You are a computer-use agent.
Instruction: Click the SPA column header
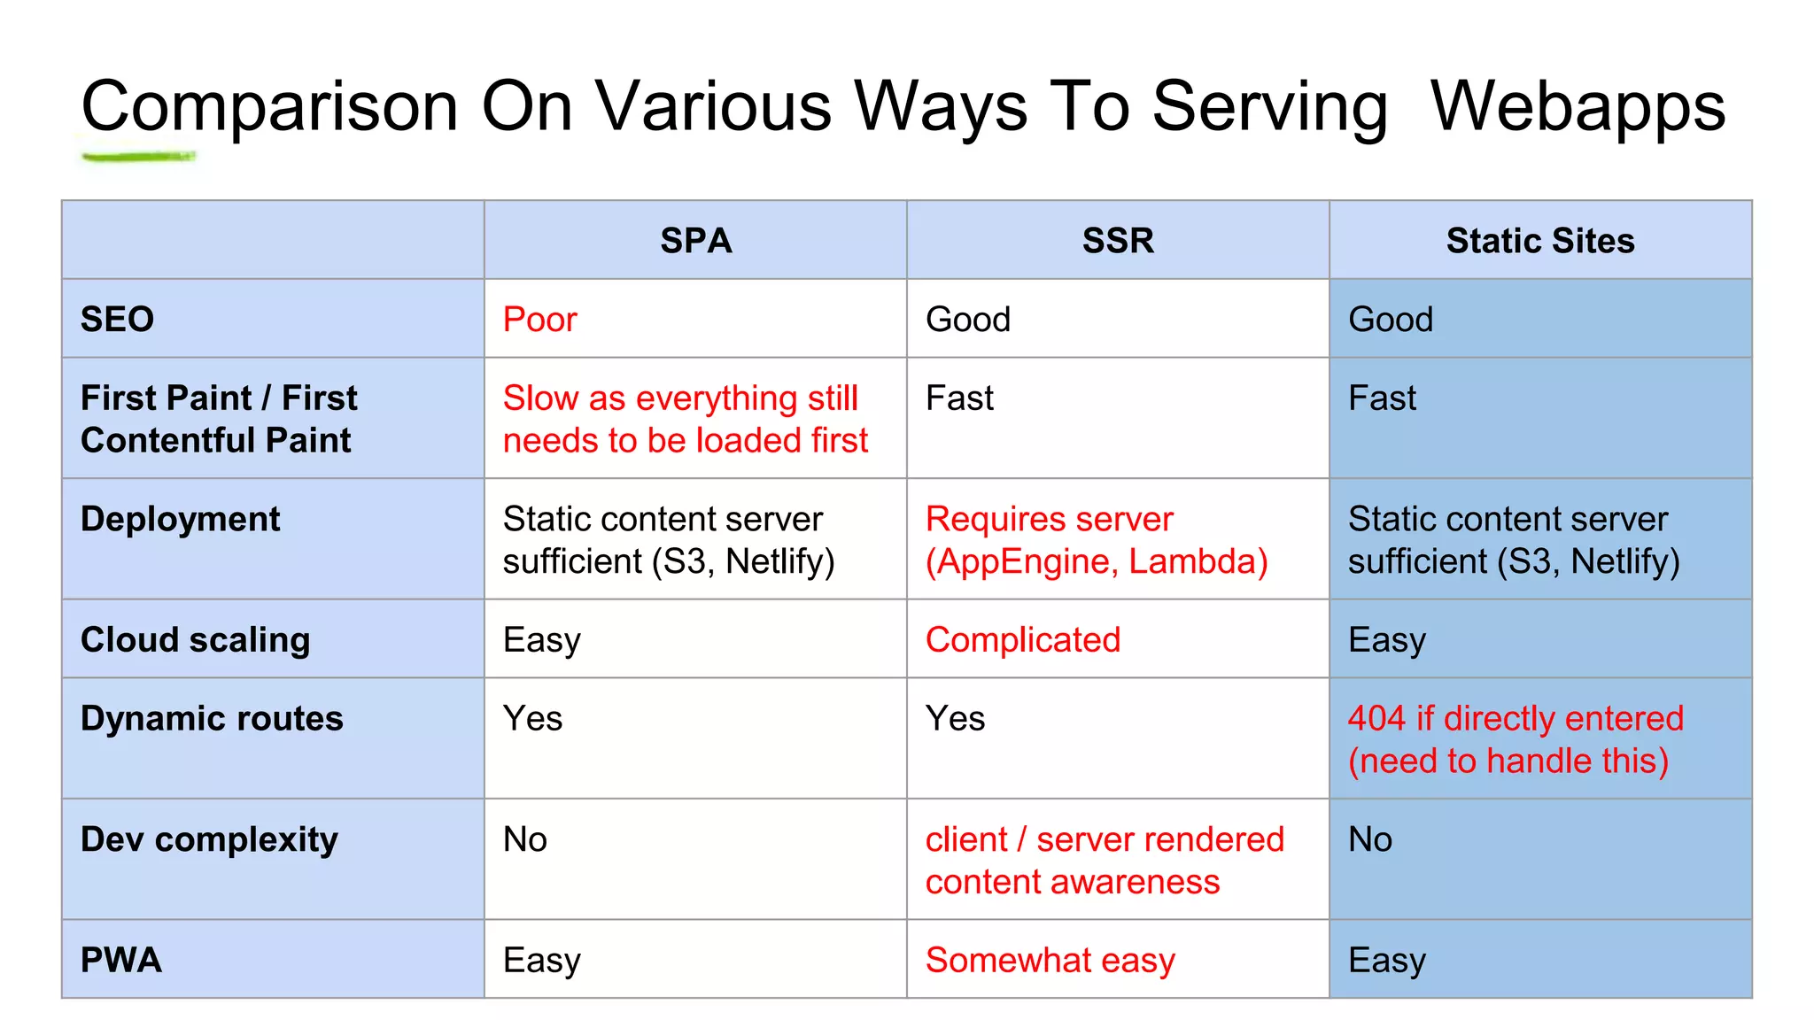tap(695, 241)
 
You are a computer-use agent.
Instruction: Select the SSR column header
tap(1118, 241)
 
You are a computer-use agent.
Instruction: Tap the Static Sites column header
tap(1540, 241)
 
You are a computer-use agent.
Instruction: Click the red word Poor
tap(539, 320)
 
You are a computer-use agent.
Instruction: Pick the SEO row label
tap(117, 320)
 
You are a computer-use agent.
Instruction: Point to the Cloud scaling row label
tap(195, 640)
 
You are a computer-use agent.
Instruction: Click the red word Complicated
tap(1023, 640)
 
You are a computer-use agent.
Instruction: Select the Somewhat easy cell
tap(1050, 961)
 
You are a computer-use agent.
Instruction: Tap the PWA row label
tap(120, 961)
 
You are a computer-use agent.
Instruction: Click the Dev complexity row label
tap(209, 840)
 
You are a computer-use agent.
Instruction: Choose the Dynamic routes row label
tap(212, 719)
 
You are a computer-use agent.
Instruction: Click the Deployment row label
tap(180, 520)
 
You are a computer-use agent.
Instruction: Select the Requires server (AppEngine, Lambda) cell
tap(1096, 540)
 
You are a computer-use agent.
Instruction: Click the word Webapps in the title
tap(1578, 106)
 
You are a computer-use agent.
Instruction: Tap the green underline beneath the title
tap(138, 158)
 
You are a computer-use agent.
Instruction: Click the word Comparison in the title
tap(269, 106)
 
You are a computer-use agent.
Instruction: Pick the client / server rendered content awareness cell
tap(1104, 861)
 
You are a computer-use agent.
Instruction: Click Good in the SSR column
tap(967, 320)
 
